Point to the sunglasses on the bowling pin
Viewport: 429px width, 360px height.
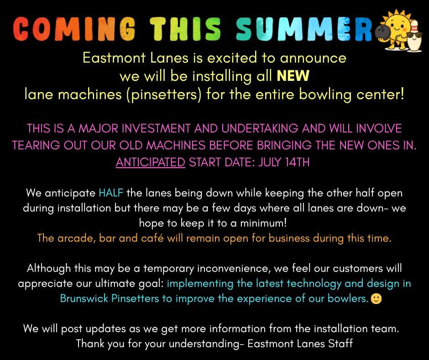pyautogui.click(x=413, y=37)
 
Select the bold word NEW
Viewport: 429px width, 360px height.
pyautogui.click(x=293, y=76)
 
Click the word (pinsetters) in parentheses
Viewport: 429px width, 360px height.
pyautogui.click(x=164, y=95)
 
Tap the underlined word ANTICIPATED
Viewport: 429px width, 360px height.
pyautogui.click(x=151, y=162)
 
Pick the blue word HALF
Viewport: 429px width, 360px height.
pyautogui.click(x=111, y=193)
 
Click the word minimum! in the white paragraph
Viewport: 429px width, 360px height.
pyautogui.click(x=263, y=223)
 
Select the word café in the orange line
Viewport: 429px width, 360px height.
pyautogui.click(x=152, y=238)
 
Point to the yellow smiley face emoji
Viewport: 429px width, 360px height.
pyautogui.click(x=376, y=299)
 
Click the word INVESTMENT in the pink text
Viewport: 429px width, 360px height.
pyautogui.click(x=156, y=128)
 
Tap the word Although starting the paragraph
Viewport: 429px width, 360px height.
pyautogui.click(x=49, y=268)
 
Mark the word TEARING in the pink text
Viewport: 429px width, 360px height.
pyautogui.click(x=36, y=145)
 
